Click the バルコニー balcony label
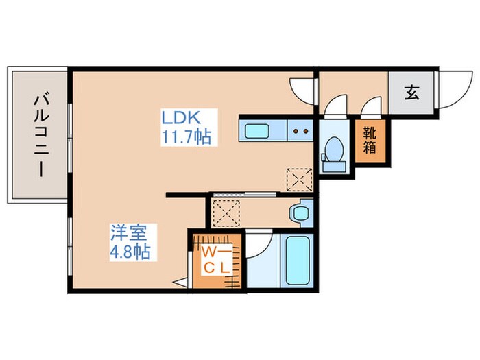click(x=38, y=135)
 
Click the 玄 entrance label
click(x=411, y=93)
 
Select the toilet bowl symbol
click(x=335, y=150)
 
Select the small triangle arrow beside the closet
click(x=180, y=281)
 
